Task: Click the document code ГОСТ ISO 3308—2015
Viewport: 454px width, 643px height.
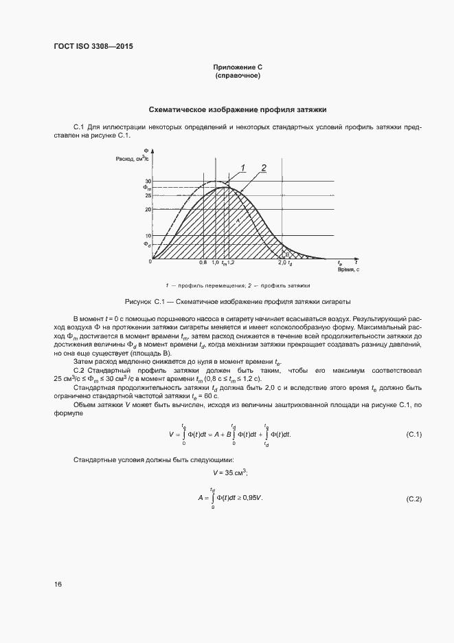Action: tap(93, 47)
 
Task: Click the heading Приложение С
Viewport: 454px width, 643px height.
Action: tap(238, 67)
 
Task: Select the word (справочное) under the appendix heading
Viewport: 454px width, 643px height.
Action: tap(238, 75)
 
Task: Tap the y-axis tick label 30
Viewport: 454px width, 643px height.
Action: tap(148, 181)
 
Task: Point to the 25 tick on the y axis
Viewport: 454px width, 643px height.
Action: tap(148, 196)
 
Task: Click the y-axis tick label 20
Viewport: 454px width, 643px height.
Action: tap(148, 209)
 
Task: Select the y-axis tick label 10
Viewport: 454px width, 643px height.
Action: tap(148, 235)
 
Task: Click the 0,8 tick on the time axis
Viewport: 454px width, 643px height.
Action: tap(203, 263)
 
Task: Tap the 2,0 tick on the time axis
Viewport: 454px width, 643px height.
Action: tap(282, 263)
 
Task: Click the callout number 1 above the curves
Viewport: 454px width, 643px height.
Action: tap(242, 167)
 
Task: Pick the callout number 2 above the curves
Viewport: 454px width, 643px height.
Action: tap(264, 167)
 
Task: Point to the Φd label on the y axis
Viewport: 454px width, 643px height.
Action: tap(146, 244)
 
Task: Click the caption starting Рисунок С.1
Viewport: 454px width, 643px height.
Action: tap(238, 302)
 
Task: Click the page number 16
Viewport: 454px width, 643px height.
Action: tap(58, 585)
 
